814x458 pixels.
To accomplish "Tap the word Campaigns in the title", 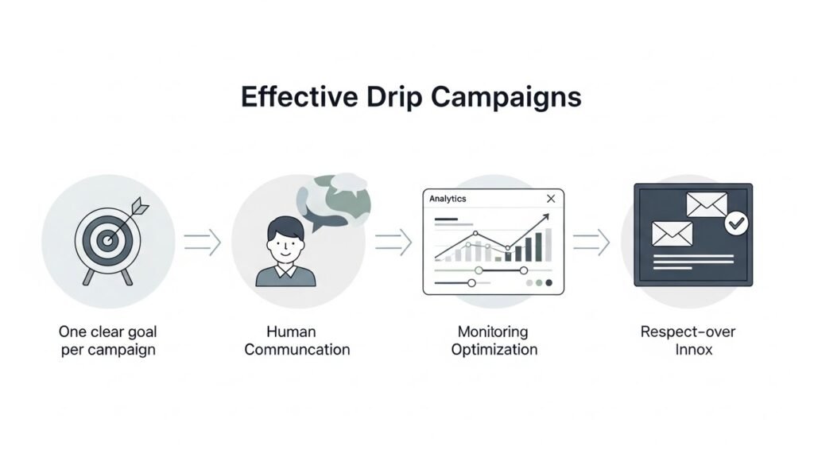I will [506, 98].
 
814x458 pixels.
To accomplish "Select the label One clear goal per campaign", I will [107, 340].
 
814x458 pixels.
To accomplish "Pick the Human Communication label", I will [297, 340].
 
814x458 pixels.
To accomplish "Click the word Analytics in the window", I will [448, 199].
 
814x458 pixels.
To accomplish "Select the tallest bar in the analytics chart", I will [548, 245].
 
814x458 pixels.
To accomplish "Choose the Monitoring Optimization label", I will [494, 340].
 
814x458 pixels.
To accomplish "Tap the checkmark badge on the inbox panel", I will [737, 225].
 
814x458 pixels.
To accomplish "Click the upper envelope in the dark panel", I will [707, 205].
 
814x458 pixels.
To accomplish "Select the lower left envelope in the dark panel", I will [672, 233].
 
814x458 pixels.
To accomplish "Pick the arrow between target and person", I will [202, 243].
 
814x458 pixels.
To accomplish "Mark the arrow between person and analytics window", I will [393, 243].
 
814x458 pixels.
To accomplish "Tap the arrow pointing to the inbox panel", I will [591, 243].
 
